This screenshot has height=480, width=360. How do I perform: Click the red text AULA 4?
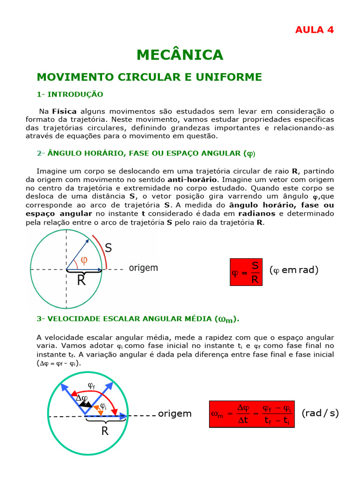(315, 30)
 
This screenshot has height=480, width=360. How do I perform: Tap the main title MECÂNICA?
(180, 55)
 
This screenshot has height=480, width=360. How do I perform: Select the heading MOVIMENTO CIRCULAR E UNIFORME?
(149, 77)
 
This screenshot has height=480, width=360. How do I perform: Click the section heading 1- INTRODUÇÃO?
(70, 94)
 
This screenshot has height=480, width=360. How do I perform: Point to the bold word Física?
(64, 111)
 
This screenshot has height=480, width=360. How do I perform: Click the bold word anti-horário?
(192, 180)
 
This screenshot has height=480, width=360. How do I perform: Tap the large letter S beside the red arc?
(108, 248)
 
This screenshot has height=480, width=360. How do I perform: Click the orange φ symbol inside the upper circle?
(84, 260)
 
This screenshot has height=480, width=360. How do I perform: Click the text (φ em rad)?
(294, 270)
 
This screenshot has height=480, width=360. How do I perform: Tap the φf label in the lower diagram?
(91, 386)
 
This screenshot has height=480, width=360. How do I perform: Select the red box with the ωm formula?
(252, 414)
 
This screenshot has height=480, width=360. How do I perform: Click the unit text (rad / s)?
(320, 413)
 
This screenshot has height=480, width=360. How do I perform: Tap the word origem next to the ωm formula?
(175, 413)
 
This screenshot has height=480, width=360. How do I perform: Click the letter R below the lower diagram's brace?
(105, 431)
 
